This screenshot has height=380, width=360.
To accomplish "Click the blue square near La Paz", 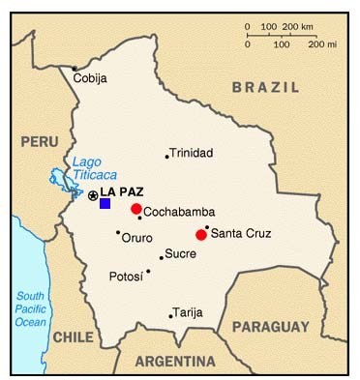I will (105, 203).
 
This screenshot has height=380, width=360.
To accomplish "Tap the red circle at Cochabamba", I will (136, 209).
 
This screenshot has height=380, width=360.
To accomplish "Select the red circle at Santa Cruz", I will (201, 234).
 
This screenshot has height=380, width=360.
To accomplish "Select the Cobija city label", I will (90, 78).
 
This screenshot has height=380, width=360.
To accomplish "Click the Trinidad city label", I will (191, 154).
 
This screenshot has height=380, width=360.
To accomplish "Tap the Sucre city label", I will (180, 253).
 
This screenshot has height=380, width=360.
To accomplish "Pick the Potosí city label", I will (127, 277).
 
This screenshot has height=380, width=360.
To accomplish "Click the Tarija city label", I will (189, 312).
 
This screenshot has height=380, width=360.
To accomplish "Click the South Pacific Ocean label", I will (31, 308).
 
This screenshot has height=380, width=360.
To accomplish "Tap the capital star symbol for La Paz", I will (93, 196).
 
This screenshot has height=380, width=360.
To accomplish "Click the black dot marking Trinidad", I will (167, 156).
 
